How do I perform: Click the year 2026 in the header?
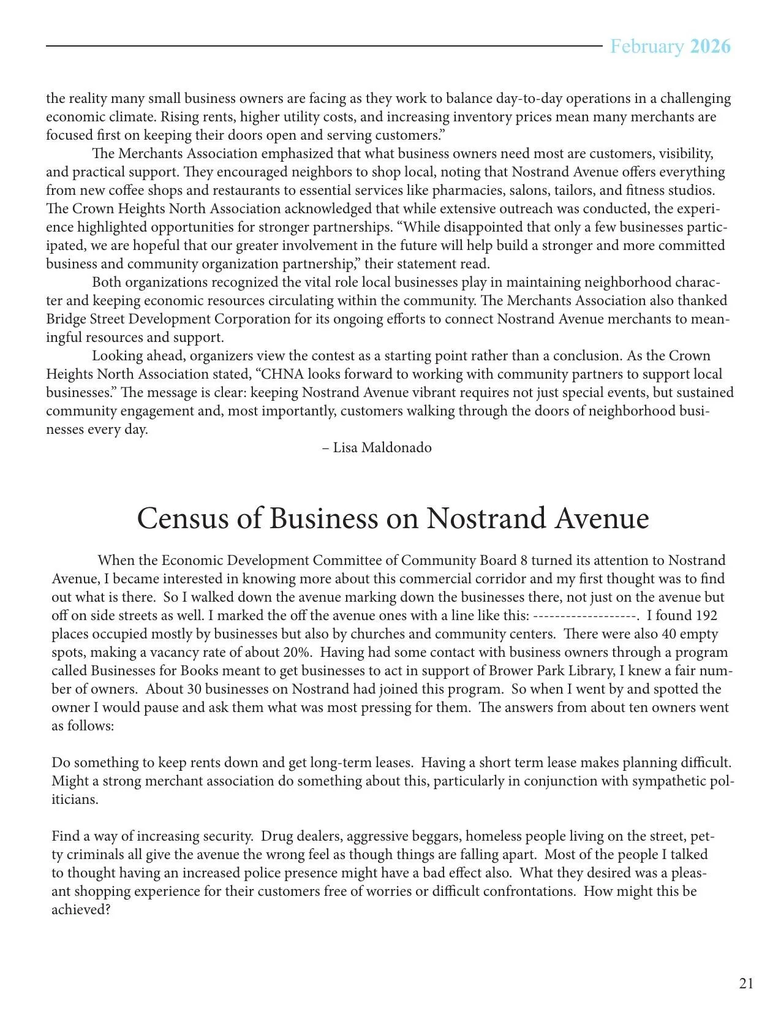tap(711, 47)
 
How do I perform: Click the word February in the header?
tap(647, 47)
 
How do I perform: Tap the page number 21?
tap(746, 983)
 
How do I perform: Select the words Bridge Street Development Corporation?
tap(168, 319)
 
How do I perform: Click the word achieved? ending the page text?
tap(81, 910)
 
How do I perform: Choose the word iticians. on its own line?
tap(75, 800)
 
